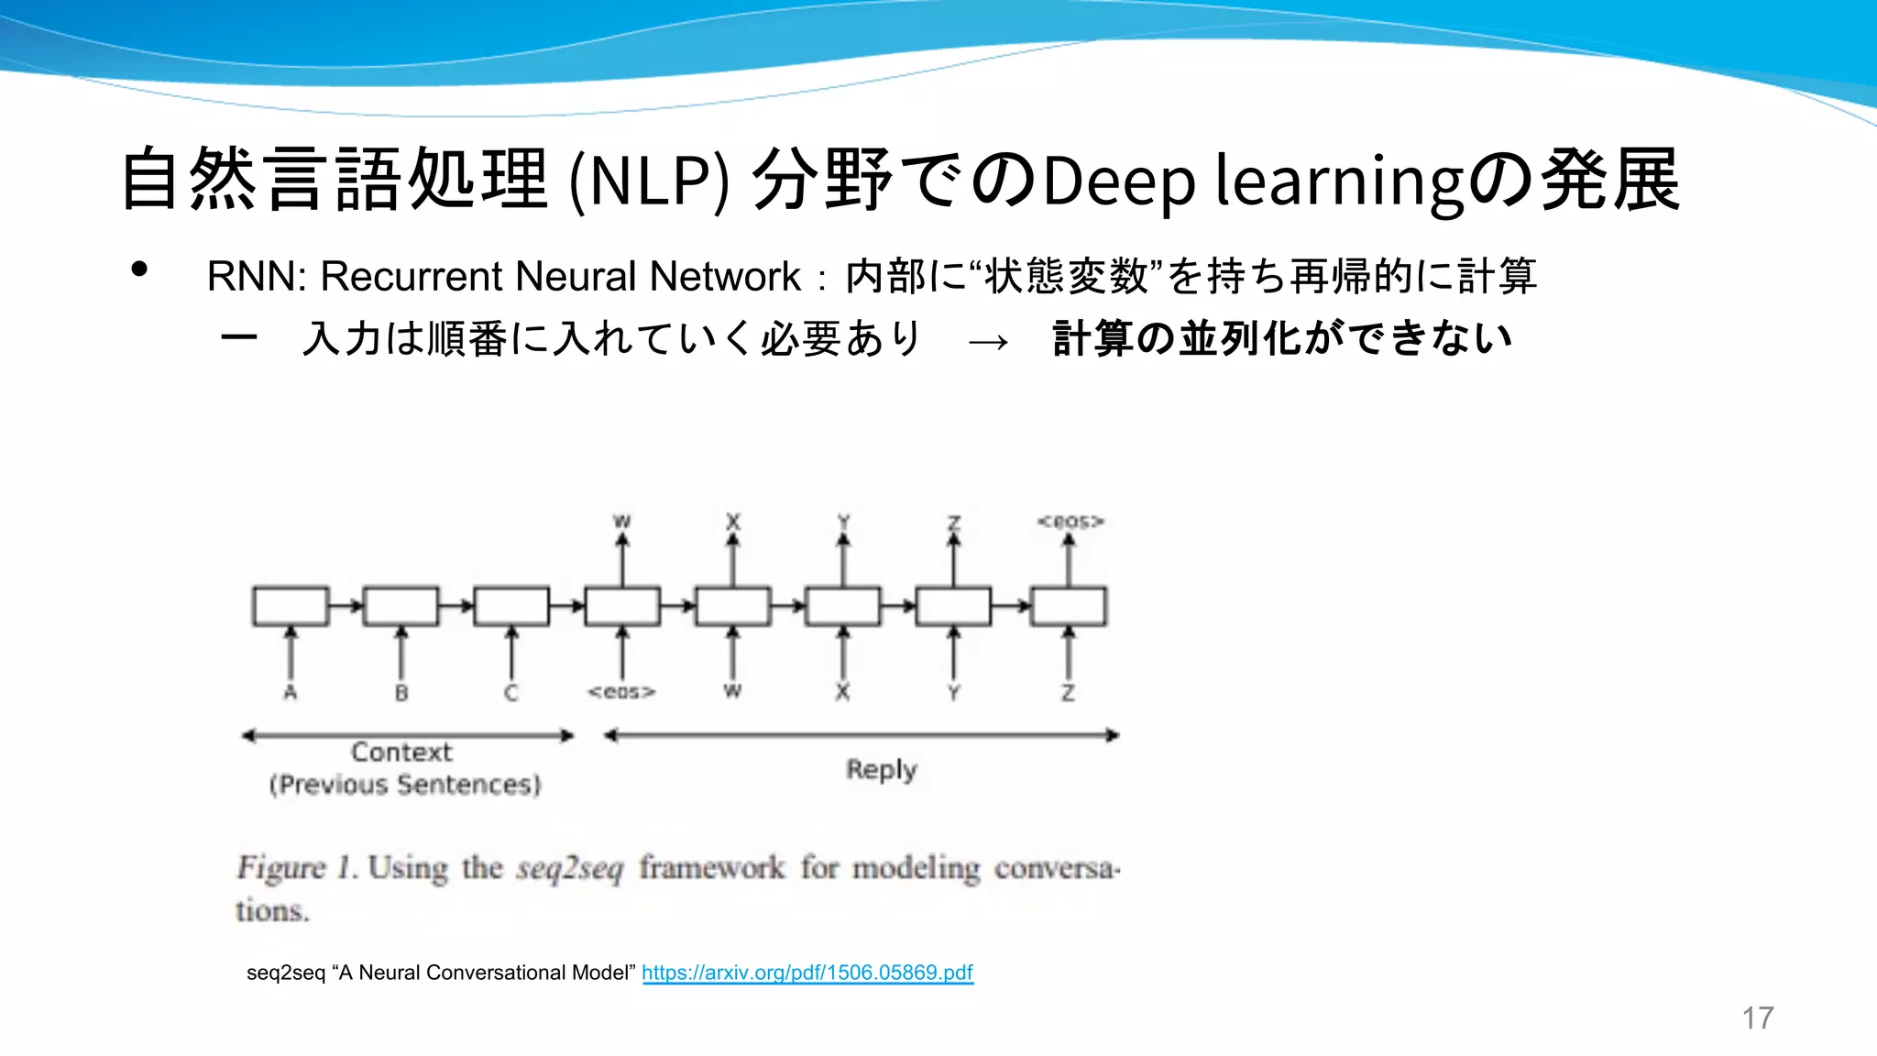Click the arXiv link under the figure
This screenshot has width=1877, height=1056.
coord(807,973)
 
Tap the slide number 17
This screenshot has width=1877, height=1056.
coord(1757,1017)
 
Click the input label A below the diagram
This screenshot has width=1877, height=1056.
coord(291,693)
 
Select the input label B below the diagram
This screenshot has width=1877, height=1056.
coord(401,693)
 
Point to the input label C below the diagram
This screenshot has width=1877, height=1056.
coord(511,693)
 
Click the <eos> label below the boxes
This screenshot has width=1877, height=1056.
coord(622,692)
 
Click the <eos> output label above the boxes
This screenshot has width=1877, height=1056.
coord(1070,522)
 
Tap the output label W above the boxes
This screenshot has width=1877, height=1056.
coord(622,522)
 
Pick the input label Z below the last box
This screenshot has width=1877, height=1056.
coord(1069,693)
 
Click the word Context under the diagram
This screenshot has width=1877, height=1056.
coord(401,753)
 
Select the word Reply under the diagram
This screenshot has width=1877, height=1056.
coord(881,770)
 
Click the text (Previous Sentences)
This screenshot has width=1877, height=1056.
coord(405,786)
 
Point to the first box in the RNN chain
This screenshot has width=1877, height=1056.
coord(291,606)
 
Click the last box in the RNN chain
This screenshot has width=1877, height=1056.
coord(1069,606)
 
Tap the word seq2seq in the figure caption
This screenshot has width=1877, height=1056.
coord(569,868)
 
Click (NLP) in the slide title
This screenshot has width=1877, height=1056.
coord(649,181)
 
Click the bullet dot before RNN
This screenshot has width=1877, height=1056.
coord(139,269)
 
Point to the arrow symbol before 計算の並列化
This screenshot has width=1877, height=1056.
coord(988,342)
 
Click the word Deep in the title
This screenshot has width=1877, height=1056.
coord(1119,181)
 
